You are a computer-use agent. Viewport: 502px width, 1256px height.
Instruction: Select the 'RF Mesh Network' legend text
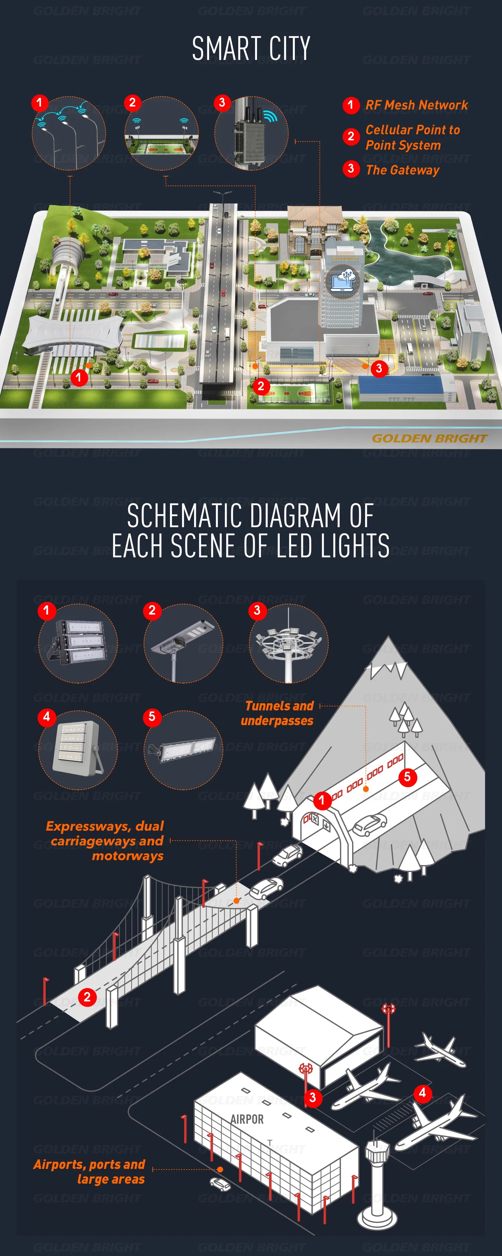(x=416, y=105)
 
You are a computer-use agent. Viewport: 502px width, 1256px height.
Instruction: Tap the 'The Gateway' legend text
(x=403, y=170)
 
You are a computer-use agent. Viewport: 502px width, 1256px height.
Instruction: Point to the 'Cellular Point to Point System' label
(x=412, y=138)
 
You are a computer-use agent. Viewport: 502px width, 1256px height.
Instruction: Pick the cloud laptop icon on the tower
(x=343, y=280)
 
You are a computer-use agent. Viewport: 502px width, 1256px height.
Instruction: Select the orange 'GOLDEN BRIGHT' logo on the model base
(x=429, y=438)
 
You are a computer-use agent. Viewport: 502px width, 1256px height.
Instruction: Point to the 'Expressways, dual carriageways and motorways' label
(x=105, y=841)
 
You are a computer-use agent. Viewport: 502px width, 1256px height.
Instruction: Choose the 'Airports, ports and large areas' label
(x=89, y=1171)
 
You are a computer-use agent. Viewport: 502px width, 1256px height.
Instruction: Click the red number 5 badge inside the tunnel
(x=407, y=777)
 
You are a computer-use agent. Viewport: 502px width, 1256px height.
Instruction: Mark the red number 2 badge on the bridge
(x=87, y=997)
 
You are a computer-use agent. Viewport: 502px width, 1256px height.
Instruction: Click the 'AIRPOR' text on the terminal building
(x=247, y=1119)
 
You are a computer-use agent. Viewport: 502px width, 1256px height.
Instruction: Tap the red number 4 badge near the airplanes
(x=423, y=1093)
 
